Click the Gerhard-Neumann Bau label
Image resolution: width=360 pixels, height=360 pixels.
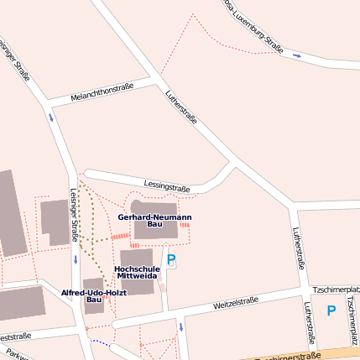click(x=154, y=221)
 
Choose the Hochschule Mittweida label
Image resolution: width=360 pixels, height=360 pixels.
click(x=136, y=271)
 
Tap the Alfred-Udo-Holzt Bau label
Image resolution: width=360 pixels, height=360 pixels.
click(x=94, y=295)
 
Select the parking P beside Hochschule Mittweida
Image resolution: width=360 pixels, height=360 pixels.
click(x=172, y=260)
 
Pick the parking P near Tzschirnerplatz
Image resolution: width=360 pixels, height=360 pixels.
click(x=331, y=310)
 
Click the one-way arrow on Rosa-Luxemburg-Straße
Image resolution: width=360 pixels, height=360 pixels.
click(x=297, y=55)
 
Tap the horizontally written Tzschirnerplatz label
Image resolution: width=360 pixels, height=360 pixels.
click(x=335, y=289)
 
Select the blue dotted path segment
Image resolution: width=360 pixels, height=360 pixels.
click(x=101, y=342)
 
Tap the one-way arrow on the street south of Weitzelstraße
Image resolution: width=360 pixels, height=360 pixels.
click(x=180, y=326)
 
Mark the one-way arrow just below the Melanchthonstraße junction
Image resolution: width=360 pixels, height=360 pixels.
click(x=51, y=117)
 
